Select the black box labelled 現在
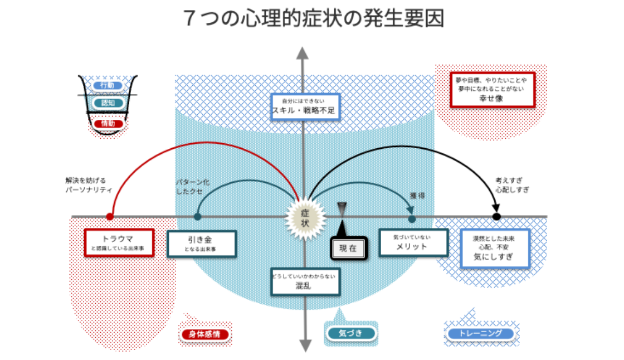coord(349,249)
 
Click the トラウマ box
coord(118,242)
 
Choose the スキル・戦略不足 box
coord(305,106)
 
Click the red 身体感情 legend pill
coord(204,334)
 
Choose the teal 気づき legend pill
coord(350,333)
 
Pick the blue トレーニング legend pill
coord(480,334)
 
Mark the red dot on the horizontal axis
coord(110,217)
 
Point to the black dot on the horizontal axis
coord(496,217)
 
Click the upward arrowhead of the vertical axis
coord(303,53)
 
